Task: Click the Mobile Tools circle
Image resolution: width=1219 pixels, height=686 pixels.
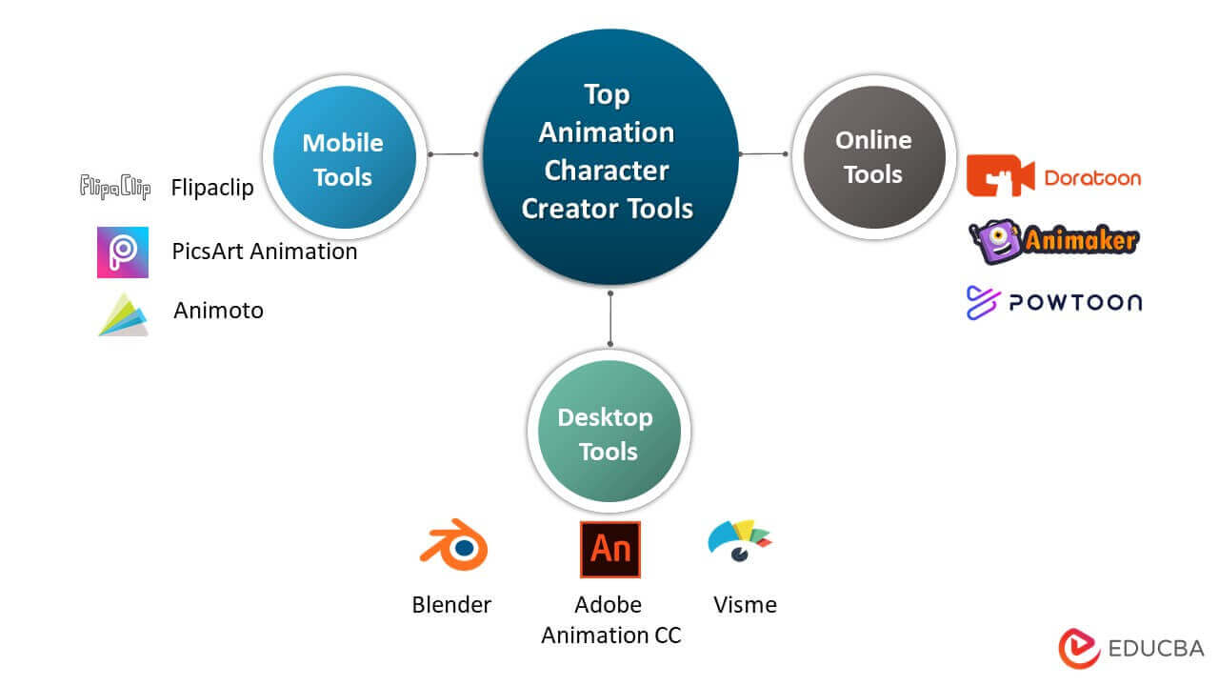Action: [343, 159]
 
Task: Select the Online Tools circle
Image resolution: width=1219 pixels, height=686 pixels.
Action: [873, 157]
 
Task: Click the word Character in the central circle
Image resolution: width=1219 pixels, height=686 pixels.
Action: [606, 171]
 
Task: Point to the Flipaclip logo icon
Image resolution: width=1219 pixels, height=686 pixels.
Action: [115, 187]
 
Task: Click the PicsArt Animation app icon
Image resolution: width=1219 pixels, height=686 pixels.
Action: [123, 252]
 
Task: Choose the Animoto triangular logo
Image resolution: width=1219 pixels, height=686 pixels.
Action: [124, 314]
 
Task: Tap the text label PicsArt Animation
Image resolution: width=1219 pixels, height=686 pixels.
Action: [265, 252]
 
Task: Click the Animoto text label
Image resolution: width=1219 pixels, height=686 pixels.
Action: [218, 311]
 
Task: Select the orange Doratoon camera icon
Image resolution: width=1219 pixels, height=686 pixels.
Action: [1000, 176]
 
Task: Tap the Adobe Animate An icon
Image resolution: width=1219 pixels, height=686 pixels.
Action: [610, 549]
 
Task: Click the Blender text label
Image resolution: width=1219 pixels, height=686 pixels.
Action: [451, 605]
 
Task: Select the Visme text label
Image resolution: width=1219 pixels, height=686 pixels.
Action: [745, 605]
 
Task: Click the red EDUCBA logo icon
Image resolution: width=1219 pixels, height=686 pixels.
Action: [1079, 649]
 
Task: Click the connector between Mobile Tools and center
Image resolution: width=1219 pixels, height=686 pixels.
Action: [453, 153]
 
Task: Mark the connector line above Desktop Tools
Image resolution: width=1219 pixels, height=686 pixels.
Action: [609, 319]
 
